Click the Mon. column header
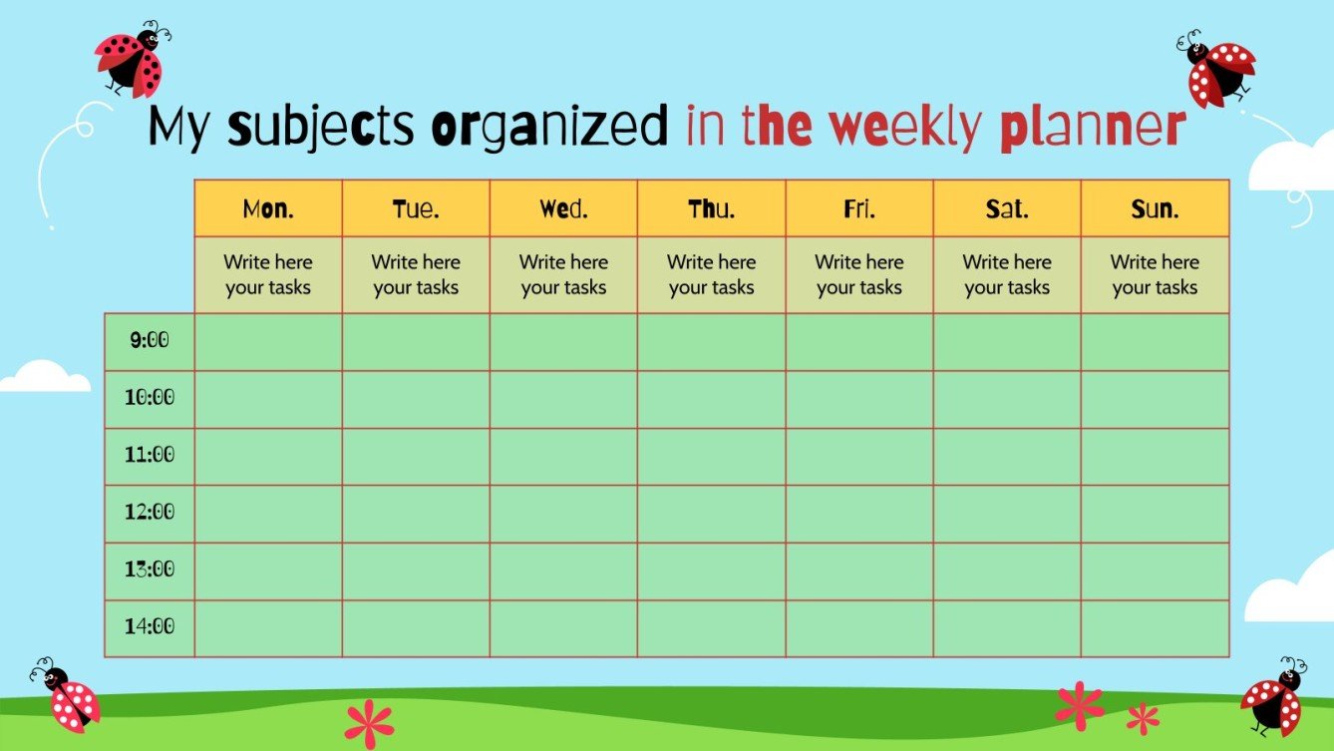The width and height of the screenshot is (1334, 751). pos(268,209)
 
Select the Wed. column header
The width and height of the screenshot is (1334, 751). pos(563,209)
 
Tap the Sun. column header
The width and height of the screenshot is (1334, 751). pos(1155,209)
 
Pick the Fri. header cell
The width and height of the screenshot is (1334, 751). pos(859,209)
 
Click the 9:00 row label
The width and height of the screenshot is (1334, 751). pos(150,341)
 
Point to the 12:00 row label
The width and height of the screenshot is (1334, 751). pos(150,513)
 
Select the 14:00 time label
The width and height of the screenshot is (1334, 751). pos(150,627)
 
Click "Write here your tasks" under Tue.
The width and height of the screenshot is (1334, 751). pos(416,274)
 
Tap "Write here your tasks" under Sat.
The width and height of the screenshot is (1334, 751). pos(1007,274)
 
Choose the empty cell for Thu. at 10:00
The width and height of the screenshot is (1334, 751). pos(712,399)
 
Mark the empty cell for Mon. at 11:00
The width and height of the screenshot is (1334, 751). pos(268,457)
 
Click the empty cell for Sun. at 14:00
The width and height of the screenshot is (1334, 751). pos(1155,628)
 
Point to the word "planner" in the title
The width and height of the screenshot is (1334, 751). pos(1091,128)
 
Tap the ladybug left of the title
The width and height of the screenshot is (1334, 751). pos(132,60)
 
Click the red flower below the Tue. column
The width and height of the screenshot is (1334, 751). pos(369,721)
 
